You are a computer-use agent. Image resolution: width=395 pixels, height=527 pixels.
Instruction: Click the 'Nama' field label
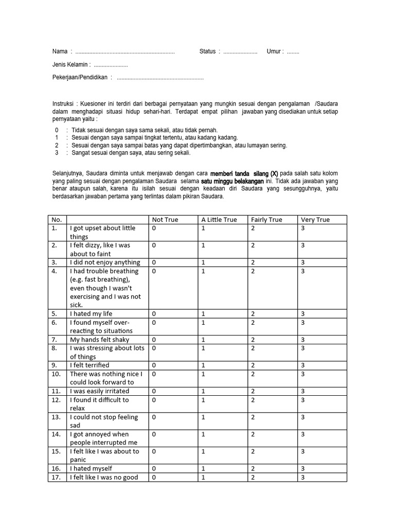click(x=60, y=51)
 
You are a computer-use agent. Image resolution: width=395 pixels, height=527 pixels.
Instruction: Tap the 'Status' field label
click(x=207, y=51)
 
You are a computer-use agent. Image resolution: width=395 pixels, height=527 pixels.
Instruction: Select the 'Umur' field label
click(x=274, y=51)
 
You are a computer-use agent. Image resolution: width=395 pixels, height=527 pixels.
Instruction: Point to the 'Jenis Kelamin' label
click(x=71, y=65)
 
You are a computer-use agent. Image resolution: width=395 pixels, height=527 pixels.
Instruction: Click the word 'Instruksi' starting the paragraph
click(x=63, y=103)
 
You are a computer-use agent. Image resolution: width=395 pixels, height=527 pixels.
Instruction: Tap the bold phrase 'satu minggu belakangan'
click(x=236, y=181)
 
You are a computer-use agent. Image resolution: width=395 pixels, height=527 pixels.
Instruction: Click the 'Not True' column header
click(x=165, y=220)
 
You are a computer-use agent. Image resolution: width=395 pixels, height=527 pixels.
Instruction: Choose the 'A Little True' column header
click(x=219, y=220)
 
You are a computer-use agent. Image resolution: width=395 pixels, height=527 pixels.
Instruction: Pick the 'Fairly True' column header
click(x=266, y=220)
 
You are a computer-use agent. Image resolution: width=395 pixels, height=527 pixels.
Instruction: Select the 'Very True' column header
click(x=315, y=220)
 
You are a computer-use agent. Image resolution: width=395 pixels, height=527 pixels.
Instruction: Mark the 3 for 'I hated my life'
click(x=303, y=314)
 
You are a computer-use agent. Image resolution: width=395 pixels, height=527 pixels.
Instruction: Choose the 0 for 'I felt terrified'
click(x=154, y=365)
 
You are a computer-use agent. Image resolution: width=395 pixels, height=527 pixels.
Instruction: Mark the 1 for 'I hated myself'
click(x=203, y=469)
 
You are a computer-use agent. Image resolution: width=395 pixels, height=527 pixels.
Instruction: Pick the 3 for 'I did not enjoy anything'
click(x=303, y=262)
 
